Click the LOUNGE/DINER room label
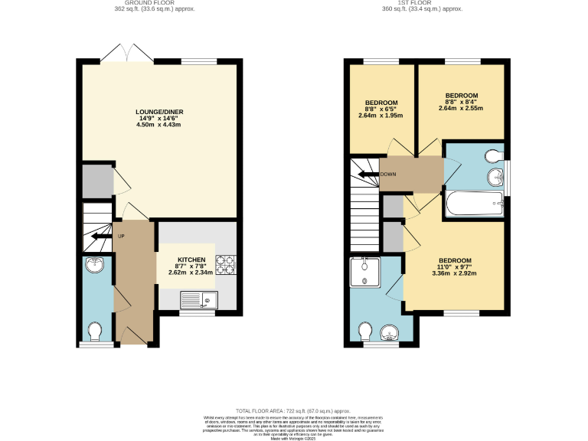point(159,113)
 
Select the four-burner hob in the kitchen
point(226,265)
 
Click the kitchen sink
point(199,299)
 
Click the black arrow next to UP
point(98,237)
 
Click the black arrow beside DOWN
point(370,174)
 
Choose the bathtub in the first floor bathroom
point(475,204)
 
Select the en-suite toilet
point(365,332)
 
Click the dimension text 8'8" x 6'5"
point(381,109)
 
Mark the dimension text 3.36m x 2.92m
point(455,273)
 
